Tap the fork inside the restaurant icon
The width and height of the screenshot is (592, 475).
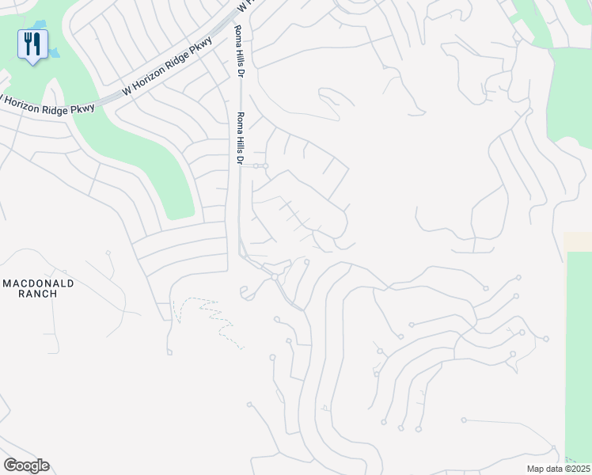point(28,43)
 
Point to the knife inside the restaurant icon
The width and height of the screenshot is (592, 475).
point(36,43)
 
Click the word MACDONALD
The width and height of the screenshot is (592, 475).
point(39,283)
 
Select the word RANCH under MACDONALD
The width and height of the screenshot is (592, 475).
point(39,294)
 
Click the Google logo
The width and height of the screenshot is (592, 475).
point(26,465)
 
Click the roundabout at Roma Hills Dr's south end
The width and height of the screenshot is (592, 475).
point(275,277)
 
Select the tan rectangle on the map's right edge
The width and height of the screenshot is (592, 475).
point(577,241)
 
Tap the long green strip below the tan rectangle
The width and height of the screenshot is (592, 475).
point(578,356)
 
